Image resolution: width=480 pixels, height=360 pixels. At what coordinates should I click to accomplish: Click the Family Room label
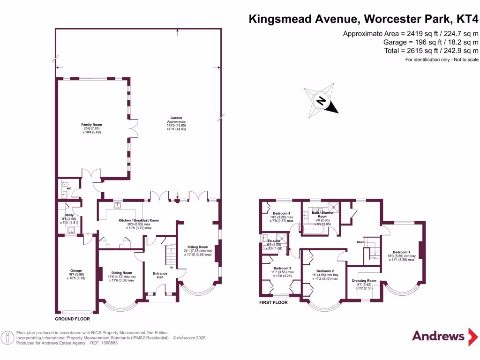(91, 125)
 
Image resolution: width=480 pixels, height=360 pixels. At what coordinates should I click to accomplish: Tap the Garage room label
(76, 270)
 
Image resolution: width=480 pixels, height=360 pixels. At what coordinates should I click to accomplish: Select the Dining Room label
(121, 272)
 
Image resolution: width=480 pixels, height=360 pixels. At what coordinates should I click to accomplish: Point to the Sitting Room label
(197, 247)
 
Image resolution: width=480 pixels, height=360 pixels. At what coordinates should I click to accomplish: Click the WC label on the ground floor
(68, 188)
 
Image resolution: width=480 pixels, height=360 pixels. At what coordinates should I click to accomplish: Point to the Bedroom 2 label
(325, 271)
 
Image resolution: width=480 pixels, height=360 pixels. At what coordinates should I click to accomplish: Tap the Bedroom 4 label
(282, 213)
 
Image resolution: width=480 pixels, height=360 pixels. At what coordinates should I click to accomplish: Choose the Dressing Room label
(364, 281)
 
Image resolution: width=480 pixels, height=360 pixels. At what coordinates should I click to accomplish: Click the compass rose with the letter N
(321, 101)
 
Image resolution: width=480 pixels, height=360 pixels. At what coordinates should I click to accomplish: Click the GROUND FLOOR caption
(72, 319)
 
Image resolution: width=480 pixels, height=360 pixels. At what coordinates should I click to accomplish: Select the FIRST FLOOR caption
(274, 302)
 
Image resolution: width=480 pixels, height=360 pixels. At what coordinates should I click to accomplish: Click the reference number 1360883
(108, 343)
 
